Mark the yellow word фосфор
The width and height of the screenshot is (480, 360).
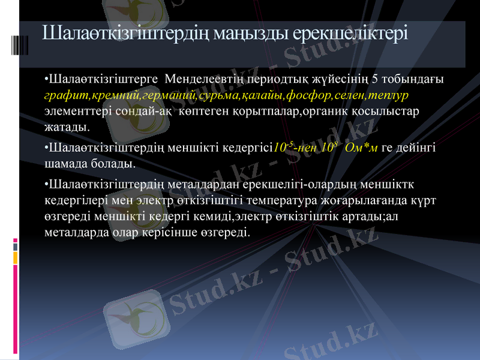pyautogui.click(x=306, y=95)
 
